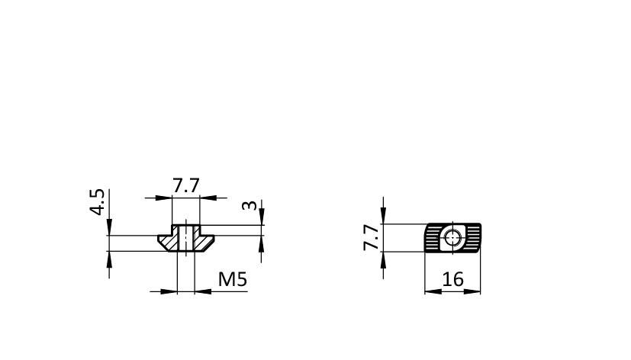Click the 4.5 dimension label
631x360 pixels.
coord(97,202)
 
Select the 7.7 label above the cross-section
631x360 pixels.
coord(186,186)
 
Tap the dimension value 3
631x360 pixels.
coord(249,205)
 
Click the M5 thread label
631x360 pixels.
coord(233,279)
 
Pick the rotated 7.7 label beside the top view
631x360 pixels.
coord(371,237)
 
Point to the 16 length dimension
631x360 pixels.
coord(452,279)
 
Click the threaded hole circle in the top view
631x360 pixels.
coord(453,237)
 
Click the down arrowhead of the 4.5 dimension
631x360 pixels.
coord(109,227)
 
